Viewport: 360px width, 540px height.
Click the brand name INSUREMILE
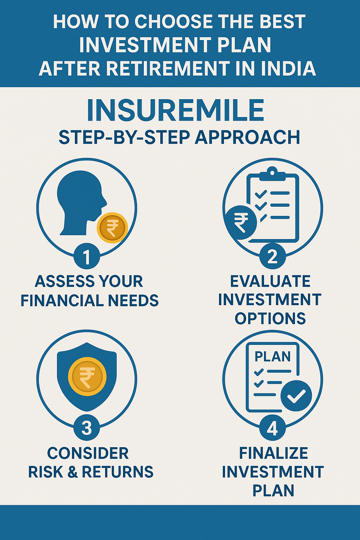coord(175,111)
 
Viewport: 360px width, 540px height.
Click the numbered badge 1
coord(86,257)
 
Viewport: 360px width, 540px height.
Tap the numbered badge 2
coord(272,257)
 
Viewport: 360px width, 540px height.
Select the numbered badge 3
coord(86,429)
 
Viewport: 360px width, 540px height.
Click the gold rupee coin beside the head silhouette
coord(112,228)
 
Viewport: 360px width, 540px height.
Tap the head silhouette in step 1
coord(82,202)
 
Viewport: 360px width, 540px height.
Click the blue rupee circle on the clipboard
coord(240,222)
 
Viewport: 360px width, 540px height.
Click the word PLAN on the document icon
coord(272,357)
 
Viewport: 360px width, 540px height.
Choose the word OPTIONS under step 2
coord(270,318)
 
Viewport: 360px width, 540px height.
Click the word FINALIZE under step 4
coord(274,453)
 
